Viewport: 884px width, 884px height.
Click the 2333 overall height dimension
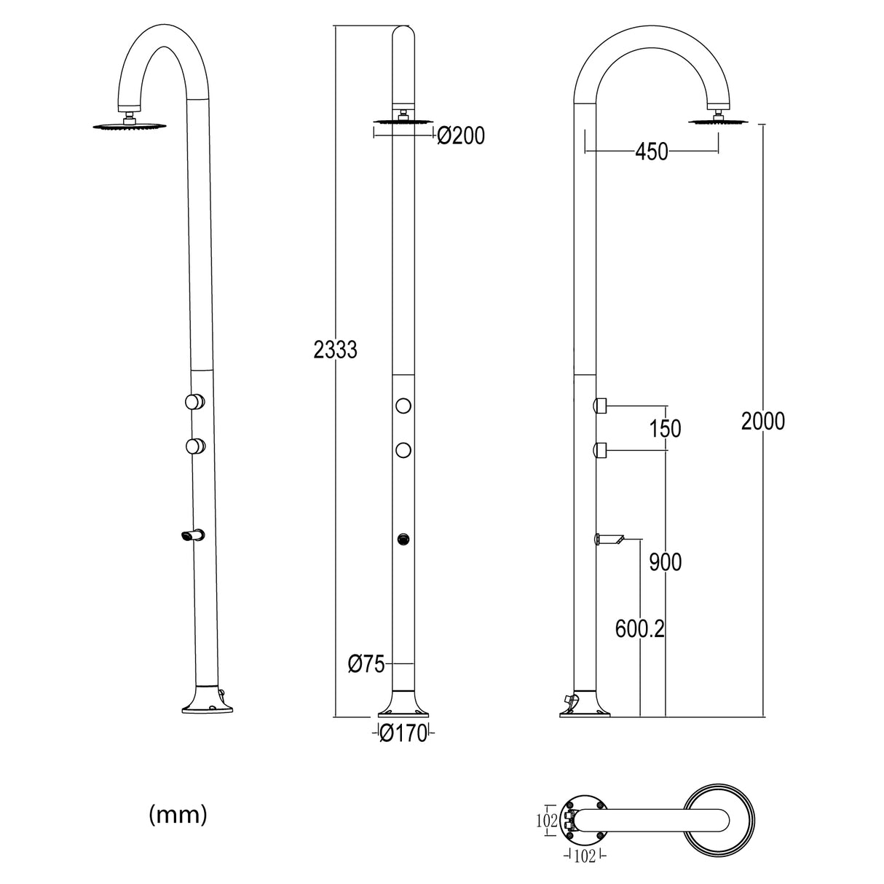tap(335, 350)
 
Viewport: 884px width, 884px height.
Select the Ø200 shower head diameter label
tap(460, 135)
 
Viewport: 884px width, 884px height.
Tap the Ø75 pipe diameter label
tap(366, 664)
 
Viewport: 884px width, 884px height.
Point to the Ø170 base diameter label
tap(403, 734)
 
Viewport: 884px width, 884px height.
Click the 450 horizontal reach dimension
tap(651, 152)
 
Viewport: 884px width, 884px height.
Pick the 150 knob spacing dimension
tap(665, 429)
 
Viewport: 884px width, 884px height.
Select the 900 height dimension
tap(665, 562)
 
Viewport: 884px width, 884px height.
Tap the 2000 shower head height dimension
tap(762, 421)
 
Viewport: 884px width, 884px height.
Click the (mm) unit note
tap(178, 815)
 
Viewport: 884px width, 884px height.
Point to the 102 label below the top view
tap(585, 856)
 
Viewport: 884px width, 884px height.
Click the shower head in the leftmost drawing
tap(130, 126)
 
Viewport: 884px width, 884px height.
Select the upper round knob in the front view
tap(403, 406)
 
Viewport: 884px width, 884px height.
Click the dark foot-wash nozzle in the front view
tap(403, 540)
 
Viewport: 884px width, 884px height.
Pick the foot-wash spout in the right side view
tap(610, 539)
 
